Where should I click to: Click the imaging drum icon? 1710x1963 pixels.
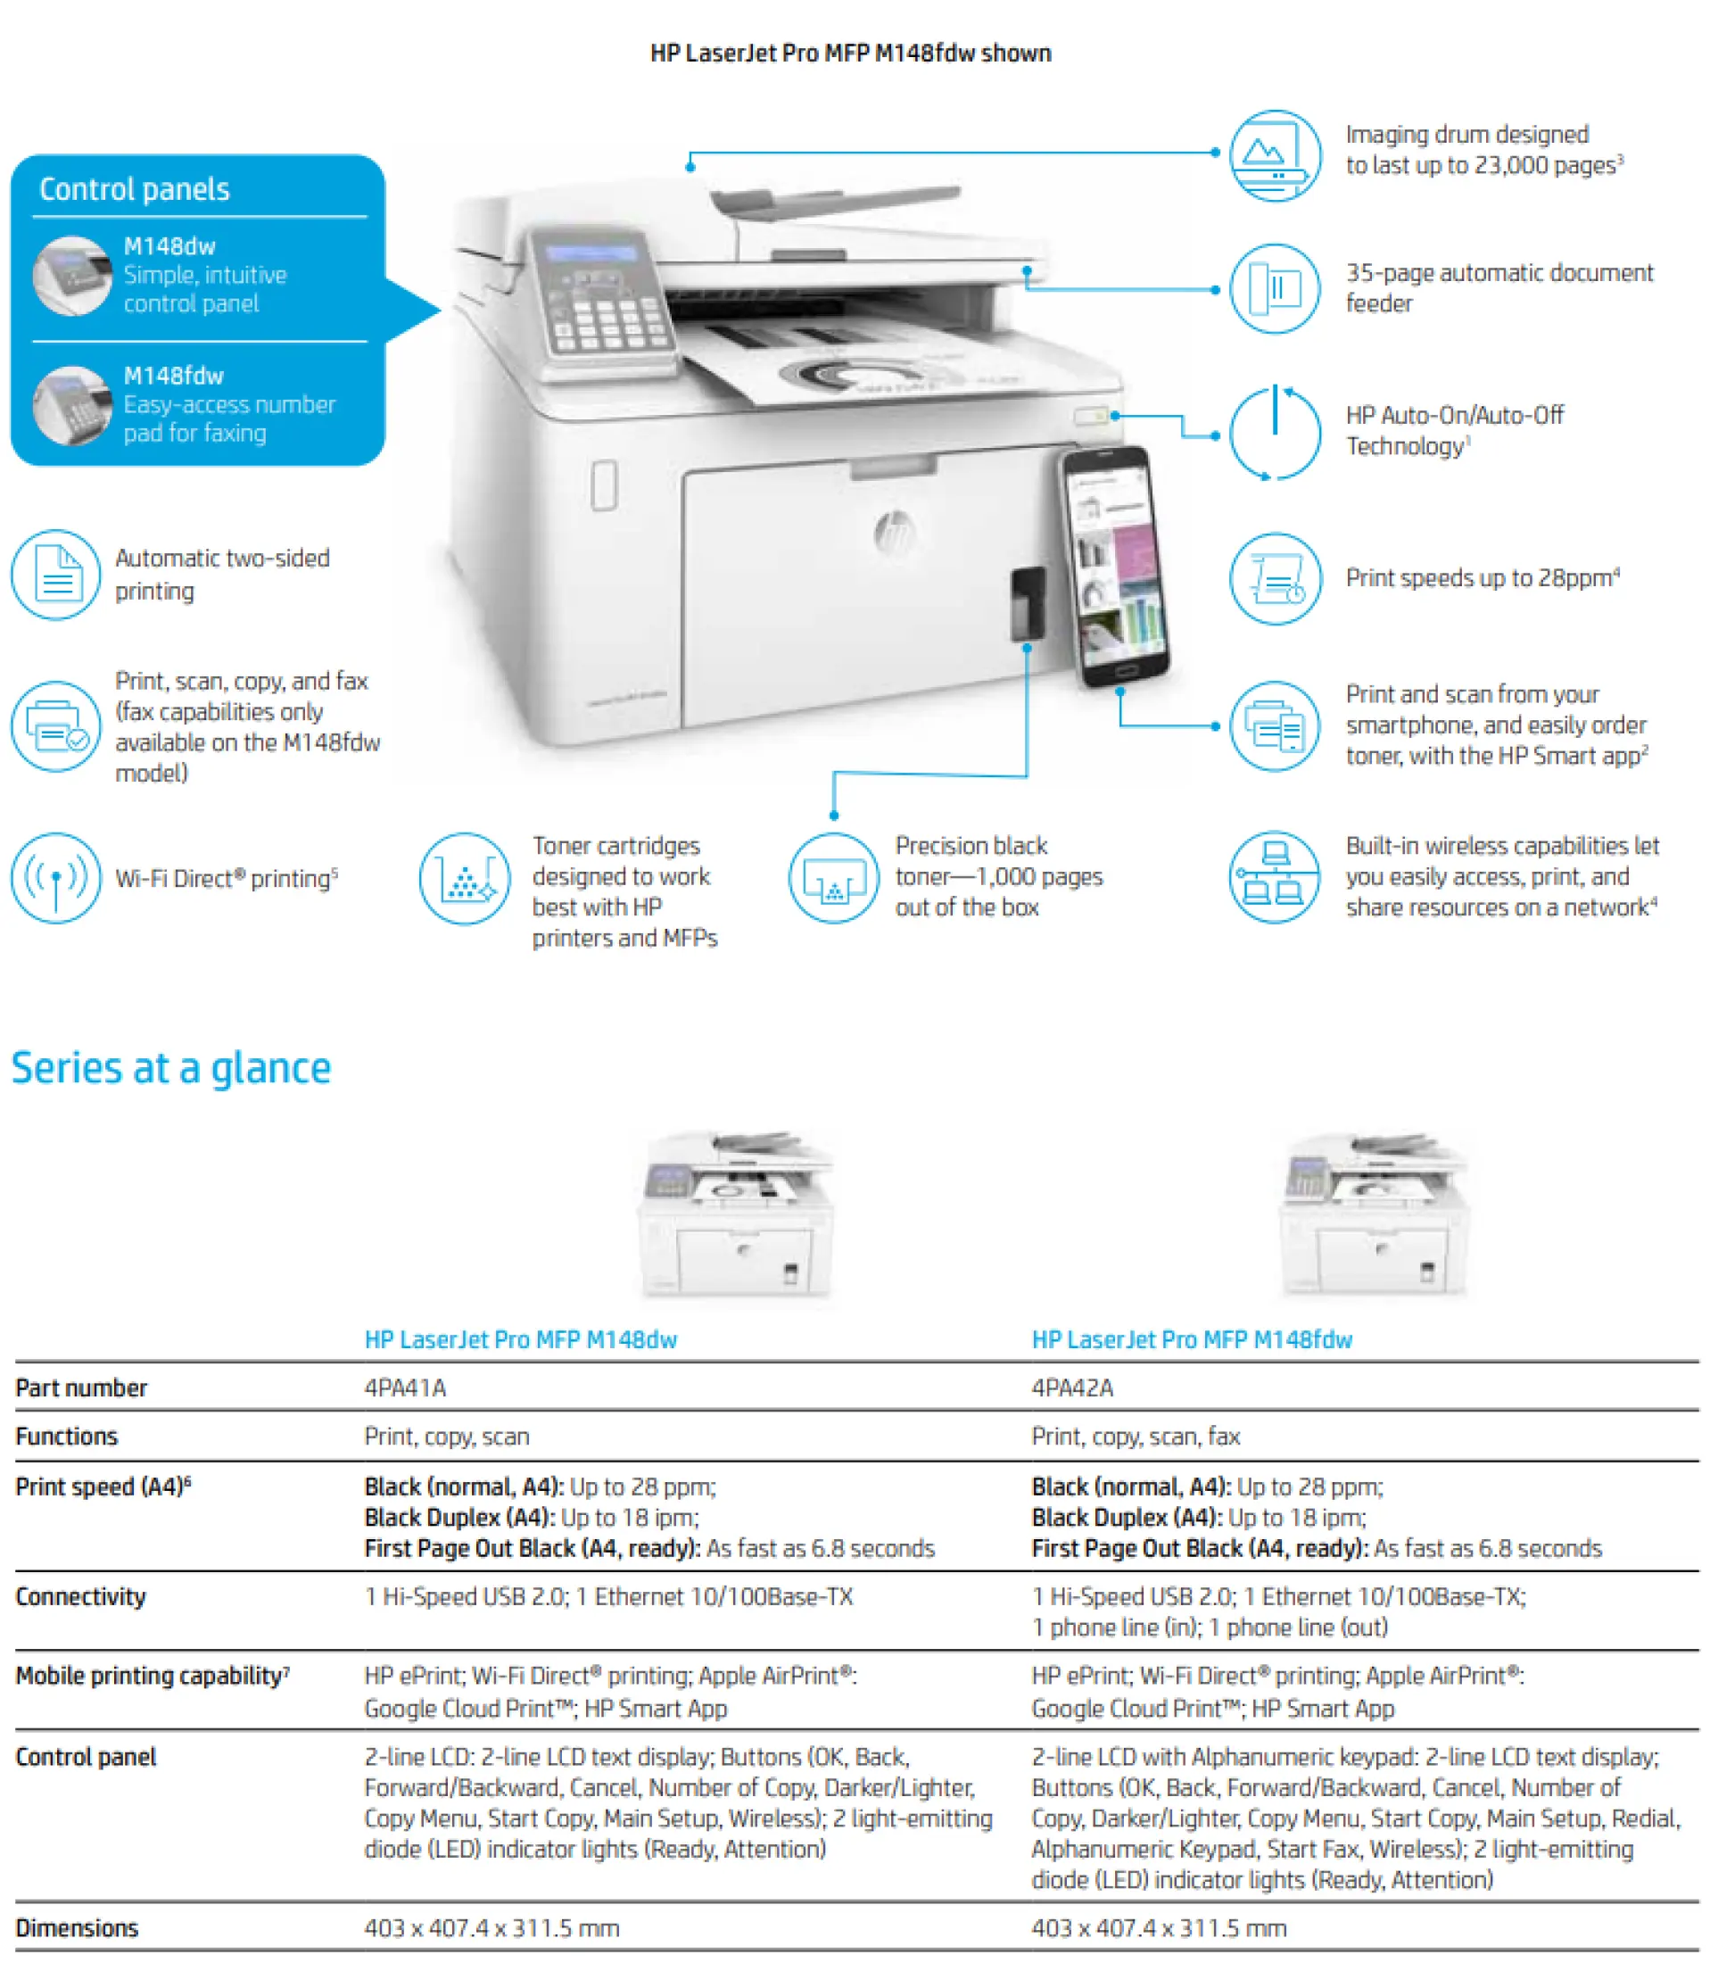[x=1275, y=154]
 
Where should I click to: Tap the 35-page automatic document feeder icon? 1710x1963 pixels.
[x=1275, y=288]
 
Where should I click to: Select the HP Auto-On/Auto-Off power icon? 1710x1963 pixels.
[x=1275, y=432]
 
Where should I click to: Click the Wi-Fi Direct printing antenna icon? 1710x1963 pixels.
[x=56, y=878]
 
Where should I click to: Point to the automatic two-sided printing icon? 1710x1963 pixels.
[x=56, y=575]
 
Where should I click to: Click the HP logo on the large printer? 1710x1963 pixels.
[x=894, y=532]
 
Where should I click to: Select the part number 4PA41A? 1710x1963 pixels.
[x=406, y=1387]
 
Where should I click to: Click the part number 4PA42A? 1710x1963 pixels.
[x=1072, y=1387]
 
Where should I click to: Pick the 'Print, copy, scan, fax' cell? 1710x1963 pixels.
[x=1136, y=1437]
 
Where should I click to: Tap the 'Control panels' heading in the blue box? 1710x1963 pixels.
[x=135, y=189]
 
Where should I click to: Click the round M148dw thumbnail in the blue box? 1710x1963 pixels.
[x=72, y=276]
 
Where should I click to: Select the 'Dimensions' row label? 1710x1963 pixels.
[x=78, y=1927]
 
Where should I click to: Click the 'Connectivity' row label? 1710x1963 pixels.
[x=81, y=1596]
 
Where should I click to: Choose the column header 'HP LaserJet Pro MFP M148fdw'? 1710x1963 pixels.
[x=1192, y=1339]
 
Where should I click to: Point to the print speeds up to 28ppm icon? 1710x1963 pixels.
[x=1275, y=578]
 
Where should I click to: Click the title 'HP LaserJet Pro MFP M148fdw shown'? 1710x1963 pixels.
[x=851, y=53]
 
